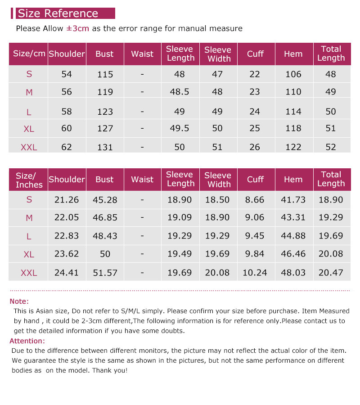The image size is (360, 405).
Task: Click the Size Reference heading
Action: pos(58,13)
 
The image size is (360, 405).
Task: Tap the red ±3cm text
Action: pos(78,28)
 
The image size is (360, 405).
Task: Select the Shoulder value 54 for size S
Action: pos(67,74)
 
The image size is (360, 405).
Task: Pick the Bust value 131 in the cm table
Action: pos(105,147)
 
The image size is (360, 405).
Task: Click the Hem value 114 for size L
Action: pos(293,111)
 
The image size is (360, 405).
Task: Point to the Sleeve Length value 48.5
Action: pos(180,92)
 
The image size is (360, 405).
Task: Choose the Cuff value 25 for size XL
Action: pos(255,128)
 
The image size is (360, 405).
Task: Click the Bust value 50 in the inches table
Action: pos(105,254)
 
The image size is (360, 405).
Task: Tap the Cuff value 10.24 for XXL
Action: pos(255,272)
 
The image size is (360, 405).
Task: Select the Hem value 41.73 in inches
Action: pos(293,200)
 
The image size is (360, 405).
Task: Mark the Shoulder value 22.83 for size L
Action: pos(67,236)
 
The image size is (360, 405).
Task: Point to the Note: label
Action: pos(19,301)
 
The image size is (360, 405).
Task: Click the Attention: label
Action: pos(27,341)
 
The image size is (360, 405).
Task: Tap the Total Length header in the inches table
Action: pos(331,179)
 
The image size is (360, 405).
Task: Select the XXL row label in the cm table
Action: pos(29,147)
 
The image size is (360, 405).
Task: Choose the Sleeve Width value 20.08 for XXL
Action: pos(217,272)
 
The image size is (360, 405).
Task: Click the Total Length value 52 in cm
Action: pos(331,147)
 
